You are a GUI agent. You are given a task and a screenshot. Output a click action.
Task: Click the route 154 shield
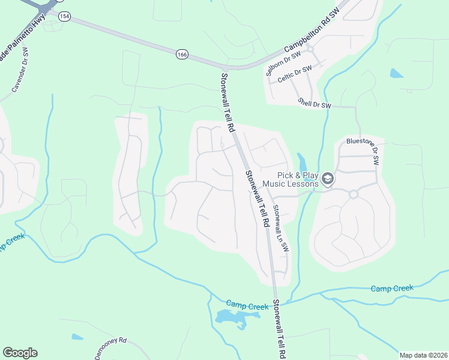(65, 16)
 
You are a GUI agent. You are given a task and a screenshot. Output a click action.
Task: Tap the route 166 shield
(182, 55)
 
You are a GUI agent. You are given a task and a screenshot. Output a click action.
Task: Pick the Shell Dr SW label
(315, 104)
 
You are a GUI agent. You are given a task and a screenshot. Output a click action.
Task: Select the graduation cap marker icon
(328, 179)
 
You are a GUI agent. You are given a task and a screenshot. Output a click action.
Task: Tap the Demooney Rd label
(111, 347)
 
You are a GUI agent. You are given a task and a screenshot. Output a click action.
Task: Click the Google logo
(20, 353)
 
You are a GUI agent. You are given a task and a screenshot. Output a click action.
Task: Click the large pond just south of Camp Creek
(231, 318)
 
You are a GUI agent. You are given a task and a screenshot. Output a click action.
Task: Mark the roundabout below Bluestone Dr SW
(354, 194)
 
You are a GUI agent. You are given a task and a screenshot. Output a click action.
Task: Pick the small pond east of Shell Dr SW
(396, 74)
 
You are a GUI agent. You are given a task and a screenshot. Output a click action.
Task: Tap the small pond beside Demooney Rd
(77, 337)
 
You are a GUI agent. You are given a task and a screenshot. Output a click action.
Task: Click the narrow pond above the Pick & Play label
(302, 163)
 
